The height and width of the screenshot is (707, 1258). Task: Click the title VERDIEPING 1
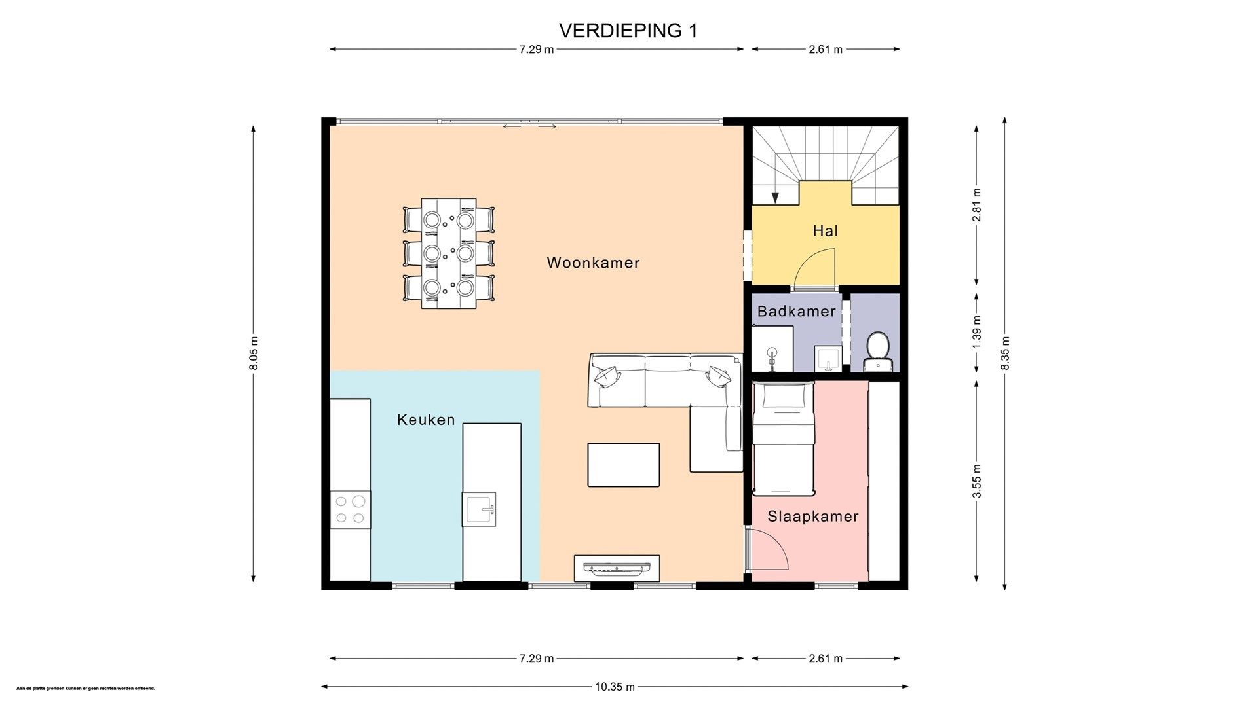pyautogui.click(x=628, y=31)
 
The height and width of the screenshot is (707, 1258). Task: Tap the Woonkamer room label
pyautogui.click(x=593, y=263)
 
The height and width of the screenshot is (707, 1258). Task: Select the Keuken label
pyautogui.click(x=426, y=420)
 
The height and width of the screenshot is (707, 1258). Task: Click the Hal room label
pyautogui.click(x=825, y=230)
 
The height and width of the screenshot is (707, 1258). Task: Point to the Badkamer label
pyautogui.click(x=796, y=311)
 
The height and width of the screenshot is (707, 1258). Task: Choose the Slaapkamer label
pyautogui.click(x=812, y=517)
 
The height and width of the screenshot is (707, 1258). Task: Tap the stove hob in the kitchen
pyautogui.click(x=349, y=510)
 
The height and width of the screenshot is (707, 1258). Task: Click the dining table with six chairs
pyautogui.click(x=448, y=253)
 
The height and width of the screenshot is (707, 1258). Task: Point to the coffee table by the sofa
pyautogui.click(x=623, y=465)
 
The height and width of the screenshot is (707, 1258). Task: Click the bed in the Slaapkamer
pyautogui.click(x=783, y=438)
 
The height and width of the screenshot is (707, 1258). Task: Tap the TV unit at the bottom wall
pyautogui.click(x=617, y=568)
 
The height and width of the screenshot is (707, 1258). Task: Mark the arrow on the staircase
pyautogui.click(x=775, y=196)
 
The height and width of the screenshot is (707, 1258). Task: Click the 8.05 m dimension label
pyautogui.click(x=254, y=353)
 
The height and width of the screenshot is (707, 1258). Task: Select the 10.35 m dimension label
pyautogui.click(x=614, y=687)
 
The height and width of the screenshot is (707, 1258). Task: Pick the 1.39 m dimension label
pyautogui.click(x=976, y=331)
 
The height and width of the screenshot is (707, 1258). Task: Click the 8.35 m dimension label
pyautogui.click(x=1005, y=353)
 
